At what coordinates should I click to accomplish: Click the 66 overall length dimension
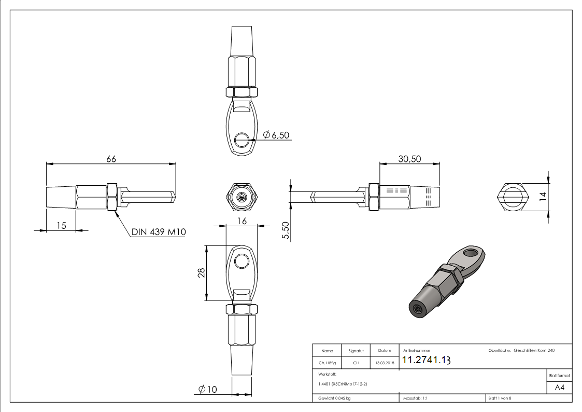click(x=111, y=159)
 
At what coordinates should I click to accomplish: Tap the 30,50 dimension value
click(x=409, y=159)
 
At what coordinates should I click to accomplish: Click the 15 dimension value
click(x=61, y=226)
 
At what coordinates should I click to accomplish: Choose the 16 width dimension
click(x=242, y=221)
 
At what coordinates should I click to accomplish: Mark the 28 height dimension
click(x=202, y=272)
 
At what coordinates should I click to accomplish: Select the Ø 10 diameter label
click(x=207, y=390)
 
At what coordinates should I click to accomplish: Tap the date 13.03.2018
click(x=384, y=363)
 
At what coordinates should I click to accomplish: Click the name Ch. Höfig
click(x=327, y=363)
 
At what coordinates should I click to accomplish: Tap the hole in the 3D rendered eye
click(x=472, y=253)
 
